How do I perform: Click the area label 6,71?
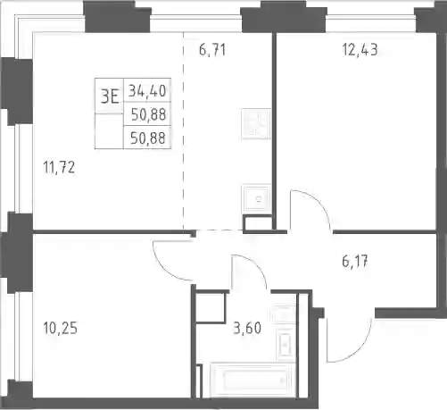(212, 50)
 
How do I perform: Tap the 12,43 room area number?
(360, 49)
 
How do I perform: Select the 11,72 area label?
(59, 167)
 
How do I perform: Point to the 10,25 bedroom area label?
(60, 328)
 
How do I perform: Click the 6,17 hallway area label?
(355, 262)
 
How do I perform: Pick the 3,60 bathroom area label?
(247, 328)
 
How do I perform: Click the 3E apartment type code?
(110, 96)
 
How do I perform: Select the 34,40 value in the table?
(147, 90)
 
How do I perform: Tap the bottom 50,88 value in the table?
(147, 138)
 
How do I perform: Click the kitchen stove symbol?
(256, 124)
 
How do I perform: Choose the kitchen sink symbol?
(257, 198)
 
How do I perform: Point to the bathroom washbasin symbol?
(286, 345)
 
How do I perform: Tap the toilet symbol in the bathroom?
(284, 314)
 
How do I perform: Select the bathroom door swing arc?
(256, 264)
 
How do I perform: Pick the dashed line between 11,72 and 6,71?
(183, 131)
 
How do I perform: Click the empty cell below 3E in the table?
(109, 131)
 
